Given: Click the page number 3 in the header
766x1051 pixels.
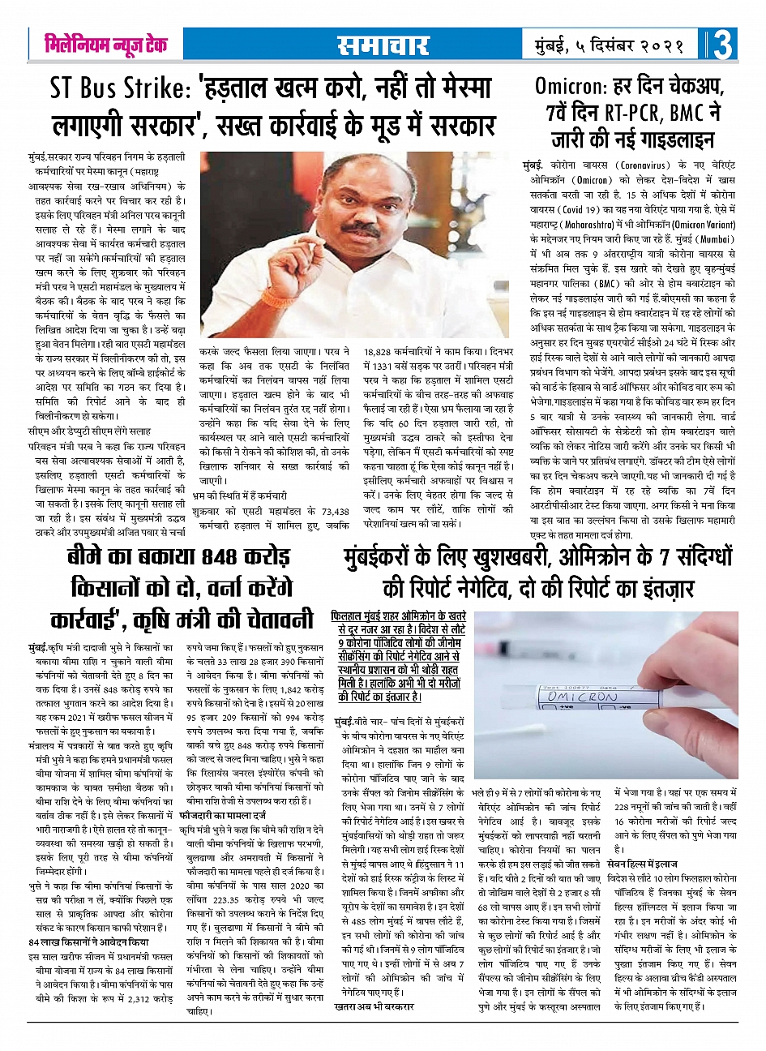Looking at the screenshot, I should point(723,45).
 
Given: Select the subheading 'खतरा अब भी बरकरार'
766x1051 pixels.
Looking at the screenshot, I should point(374,1006).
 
